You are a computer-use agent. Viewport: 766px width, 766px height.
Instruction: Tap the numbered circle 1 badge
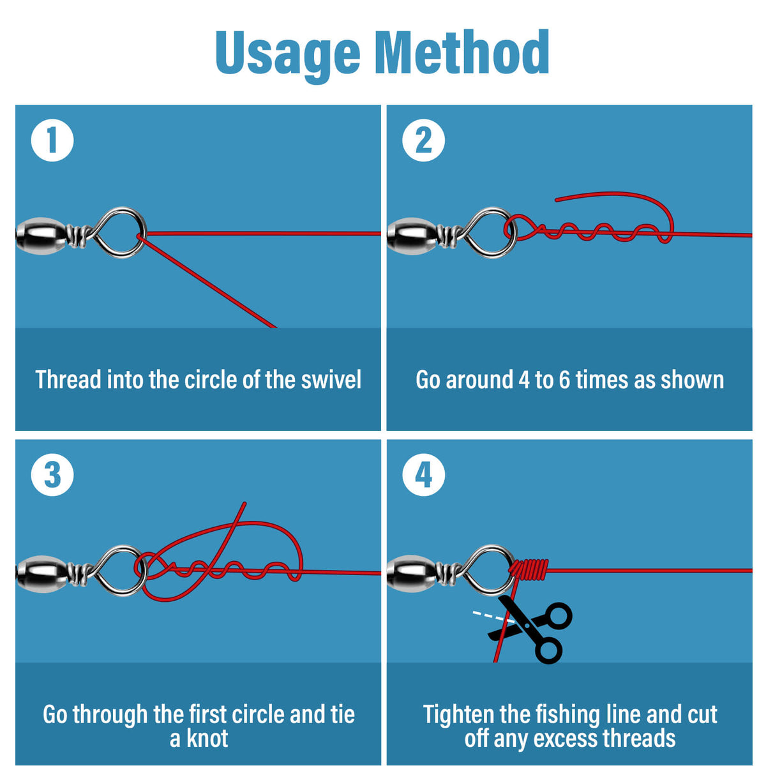tap(52, 140)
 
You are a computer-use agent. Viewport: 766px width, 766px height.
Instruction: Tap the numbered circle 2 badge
tap(423, 140)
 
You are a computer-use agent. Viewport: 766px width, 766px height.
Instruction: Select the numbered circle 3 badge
tap(52, 475)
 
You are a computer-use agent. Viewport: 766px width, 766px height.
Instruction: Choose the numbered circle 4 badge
tap(423, 475)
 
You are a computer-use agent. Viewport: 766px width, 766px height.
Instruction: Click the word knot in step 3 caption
tap(207, 728)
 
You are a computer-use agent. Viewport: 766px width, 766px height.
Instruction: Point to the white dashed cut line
tap(493, 616)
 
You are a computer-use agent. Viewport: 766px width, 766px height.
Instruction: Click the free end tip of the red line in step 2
tap(556, 200)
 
